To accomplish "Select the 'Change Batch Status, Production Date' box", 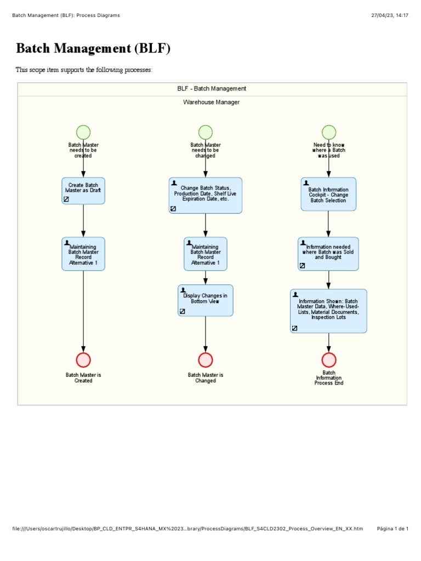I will (x=206, y=195).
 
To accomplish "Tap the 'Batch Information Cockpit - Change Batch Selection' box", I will (x=328, y=194).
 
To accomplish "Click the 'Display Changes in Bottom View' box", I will (x=206, y=300).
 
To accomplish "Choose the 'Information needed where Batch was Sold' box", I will (x=328, y=254).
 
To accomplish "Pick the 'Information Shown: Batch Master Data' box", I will (x=328, y=311).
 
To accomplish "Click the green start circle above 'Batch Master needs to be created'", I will (x=83, y=132).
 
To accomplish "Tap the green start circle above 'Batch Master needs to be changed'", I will (x=206, y=132).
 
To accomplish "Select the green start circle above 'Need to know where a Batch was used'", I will (x=329, y=132).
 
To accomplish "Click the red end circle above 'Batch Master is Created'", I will (x=83, y=360).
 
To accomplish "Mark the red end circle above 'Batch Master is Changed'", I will (x=206, y=360).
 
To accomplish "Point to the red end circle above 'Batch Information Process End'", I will (x=329, y=360).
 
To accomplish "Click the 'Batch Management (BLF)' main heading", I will (x=93, y=49).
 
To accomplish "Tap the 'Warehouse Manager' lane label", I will (x=211, y=102).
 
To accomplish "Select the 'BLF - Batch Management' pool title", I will (x=212, y=89).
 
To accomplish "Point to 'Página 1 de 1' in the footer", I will (x=392, y=529).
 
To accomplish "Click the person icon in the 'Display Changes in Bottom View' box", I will (x=183, y=290).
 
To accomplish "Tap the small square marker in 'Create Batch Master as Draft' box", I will (x=66, y=199).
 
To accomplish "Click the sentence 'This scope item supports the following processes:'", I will (x=84, y=70).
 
